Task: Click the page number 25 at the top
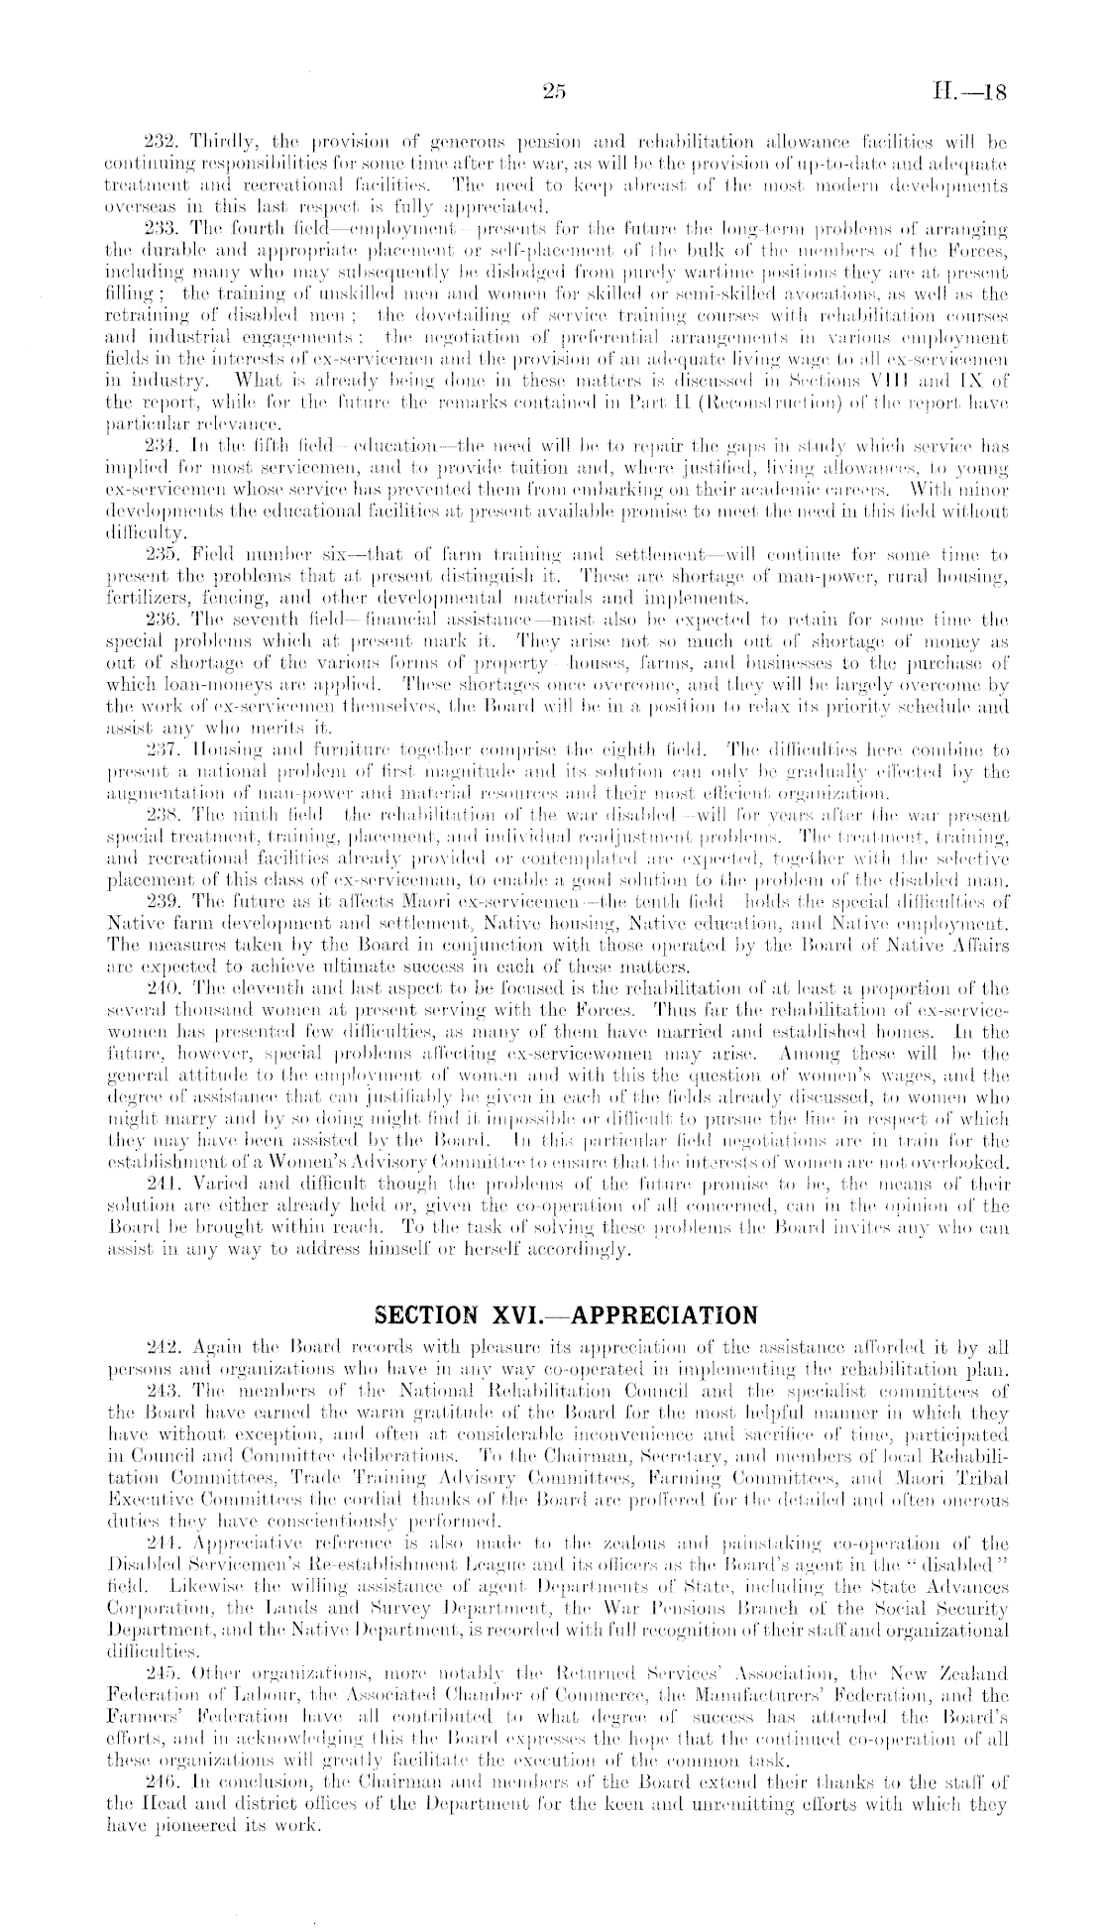click(x=553, y=92)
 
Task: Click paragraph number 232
click(x=163, y=135)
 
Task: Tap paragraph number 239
click(x=163, y=900)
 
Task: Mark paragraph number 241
click(x=163, y=1184)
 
